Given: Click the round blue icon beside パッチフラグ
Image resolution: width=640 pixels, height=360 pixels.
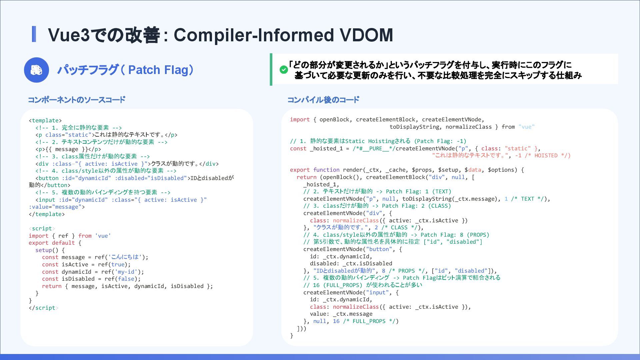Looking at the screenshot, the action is point(36,70).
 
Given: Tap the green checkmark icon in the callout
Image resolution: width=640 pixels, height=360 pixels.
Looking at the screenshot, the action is point(284,70).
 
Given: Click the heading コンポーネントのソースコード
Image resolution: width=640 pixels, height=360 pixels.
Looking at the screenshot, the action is point(76,100).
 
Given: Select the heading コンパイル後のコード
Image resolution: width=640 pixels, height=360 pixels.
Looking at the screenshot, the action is point(323,100).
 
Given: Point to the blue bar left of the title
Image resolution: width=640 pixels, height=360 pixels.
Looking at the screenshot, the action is point(34,34).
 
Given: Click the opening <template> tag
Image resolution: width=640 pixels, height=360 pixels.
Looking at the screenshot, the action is point(45,120).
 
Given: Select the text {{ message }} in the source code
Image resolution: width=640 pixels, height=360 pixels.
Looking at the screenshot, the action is point(66,149).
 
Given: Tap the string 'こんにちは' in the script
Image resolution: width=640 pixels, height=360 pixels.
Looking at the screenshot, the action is point(125,257).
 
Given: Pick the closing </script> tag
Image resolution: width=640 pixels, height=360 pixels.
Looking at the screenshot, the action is point(43,308).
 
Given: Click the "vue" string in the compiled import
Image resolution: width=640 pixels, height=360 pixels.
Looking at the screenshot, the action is point(526,127).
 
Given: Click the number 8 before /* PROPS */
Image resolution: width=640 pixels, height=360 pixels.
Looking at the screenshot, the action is point(384,271).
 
